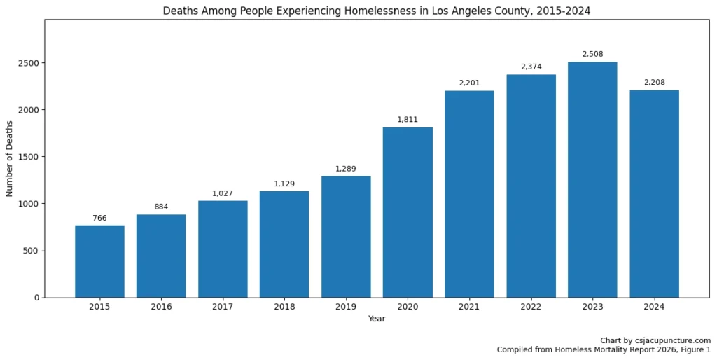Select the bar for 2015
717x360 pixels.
99,261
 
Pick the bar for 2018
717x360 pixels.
284,244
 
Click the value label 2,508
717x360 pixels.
592,54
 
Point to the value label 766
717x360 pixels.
99,218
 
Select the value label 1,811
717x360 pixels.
408,120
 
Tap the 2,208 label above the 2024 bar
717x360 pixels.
654,83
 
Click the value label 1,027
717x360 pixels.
223,193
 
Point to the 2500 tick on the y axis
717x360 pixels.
29,63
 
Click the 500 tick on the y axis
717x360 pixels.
32,251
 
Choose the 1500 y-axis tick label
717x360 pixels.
29,157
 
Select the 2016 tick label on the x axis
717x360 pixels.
161,307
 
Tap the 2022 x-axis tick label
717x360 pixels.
531,307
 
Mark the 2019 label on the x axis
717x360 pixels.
346,307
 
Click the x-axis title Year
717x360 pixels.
377,319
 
